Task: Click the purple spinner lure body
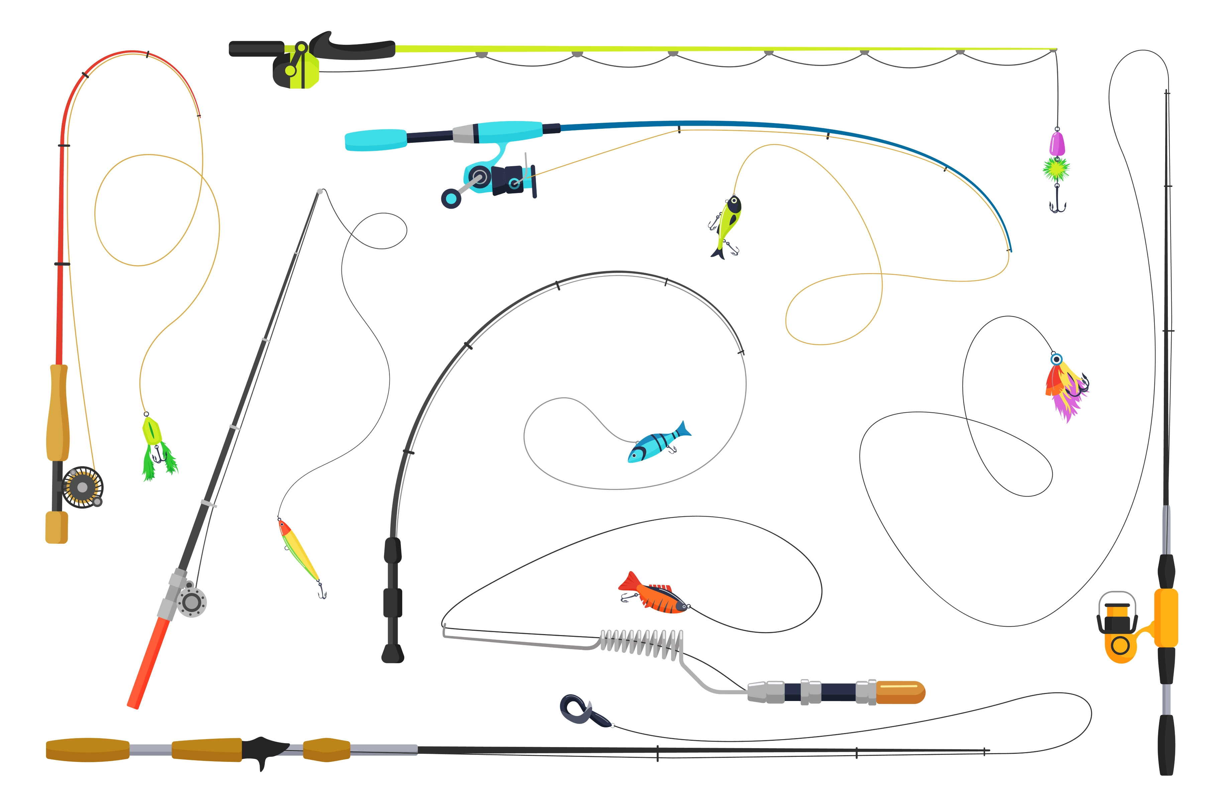tap(1057, 143)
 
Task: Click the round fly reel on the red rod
tap(82, 487)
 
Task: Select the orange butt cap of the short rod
tap(899, 692)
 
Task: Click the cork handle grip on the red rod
tap(58, 411)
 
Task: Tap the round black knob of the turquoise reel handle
tap(451, 198)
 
